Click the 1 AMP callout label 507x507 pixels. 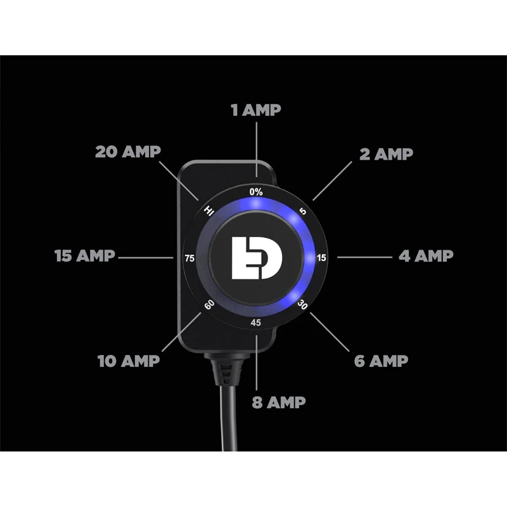[256, 110]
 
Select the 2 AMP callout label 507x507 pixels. [386, 154]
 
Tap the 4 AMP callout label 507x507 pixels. [426, 256]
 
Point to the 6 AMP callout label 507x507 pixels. [381, 361]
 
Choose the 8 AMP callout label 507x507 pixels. [279, 402]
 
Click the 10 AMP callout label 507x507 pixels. [129, 361]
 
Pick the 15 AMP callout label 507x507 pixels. [85, 255]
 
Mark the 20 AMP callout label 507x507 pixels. [128, 151]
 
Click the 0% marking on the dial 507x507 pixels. [256, 192]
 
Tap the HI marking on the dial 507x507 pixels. [209, 211]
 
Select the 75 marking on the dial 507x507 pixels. [189, 259]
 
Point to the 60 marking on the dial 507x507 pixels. [209, 304]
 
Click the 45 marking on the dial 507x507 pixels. [255, 323]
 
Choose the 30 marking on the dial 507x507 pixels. [302, 304]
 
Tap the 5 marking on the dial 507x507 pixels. [303, 212]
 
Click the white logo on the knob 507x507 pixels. [257, 258]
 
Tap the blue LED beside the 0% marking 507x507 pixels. [255, 203]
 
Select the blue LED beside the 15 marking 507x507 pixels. [309, 258]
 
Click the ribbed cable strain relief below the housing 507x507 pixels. [227, 369]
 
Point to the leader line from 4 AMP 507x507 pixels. [364, 257]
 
